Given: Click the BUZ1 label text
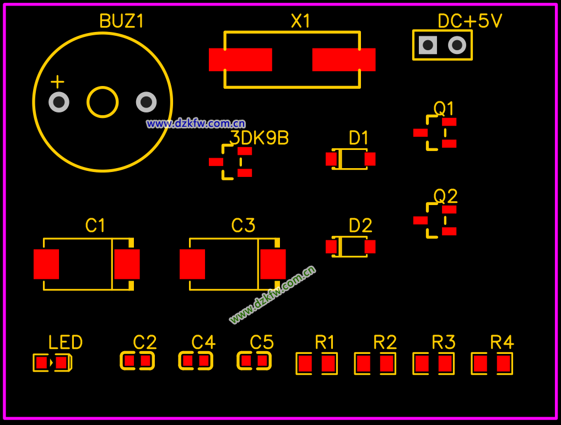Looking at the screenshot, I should coord(121,21).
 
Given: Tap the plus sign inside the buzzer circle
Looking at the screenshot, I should coord(57,82).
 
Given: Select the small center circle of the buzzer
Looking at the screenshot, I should coord(103,102).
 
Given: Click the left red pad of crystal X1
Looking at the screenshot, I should coord(240,60).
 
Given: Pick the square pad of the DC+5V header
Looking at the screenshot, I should coord(428,45).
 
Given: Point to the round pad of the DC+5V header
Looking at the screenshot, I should coord(457,45).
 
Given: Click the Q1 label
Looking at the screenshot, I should coord(444,108).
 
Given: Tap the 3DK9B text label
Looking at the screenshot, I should coord(260,138).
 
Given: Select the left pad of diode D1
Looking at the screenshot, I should coord(331,159).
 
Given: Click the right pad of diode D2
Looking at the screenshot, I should coord(370,246).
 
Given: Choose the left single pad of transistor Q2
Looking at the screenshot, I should coord(420,220).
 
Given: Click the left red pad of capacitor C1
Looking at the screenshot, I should coord(46,264).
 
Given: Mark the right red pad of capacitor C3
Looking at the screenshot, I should coord(273,264).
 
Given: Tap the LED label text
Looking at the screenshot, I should coord(66,343).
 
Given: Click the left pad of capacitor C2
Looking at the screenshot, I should coord(129,361).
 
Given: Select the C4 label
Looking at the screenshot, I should coord(203,343).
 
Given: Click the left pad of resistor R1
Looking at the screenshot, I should coord(304,364).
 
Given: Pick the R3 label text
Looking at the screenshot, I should coord(444,343).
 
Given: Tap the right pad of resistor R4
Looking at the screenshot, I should coord(504,364).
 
